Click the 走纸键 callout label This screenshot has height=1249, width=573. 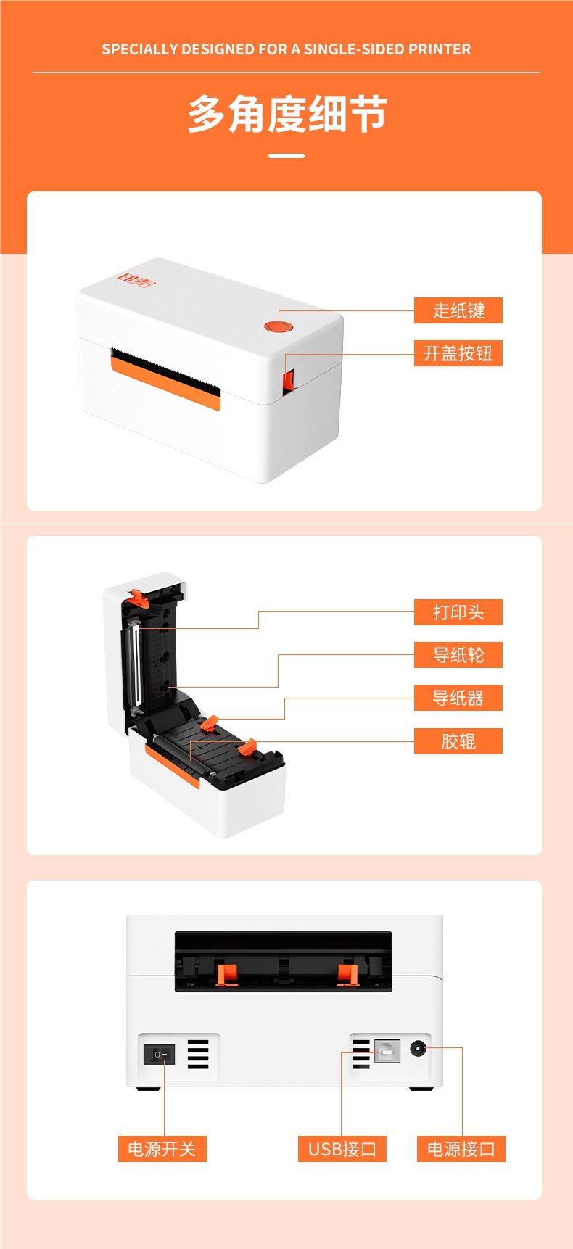point(458,310)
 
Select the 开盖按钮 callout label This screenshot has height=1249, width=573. point(458,353)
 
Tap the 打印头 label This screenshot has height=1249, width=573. point(458,612)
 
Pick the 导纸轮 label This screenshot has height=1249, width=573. point(458,655)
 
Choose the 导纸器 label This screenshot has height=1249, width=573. point(458,698)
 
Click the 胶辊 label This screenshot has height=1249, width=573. point(458,741)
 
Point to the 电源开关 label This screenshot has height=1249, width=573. point(162,1149)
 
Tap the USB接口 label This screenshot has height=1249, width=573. point(342,1149)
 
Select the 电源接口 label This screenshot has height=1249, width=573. point(461,1149)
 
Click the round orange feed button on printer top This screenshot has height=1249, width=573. point(277,326)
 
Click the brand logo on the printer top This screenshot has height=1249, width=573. point(137,279)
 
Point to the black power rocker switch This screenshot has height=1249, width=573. point(160,1054)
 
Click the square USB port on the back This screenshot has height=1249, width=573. point(387,1051)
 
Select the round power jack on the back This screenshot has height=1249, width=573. point(418,1048)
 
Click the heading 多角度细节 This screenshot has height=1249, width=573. point(286,115)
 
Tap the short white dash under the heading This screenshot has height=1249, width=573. point(286,155)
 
